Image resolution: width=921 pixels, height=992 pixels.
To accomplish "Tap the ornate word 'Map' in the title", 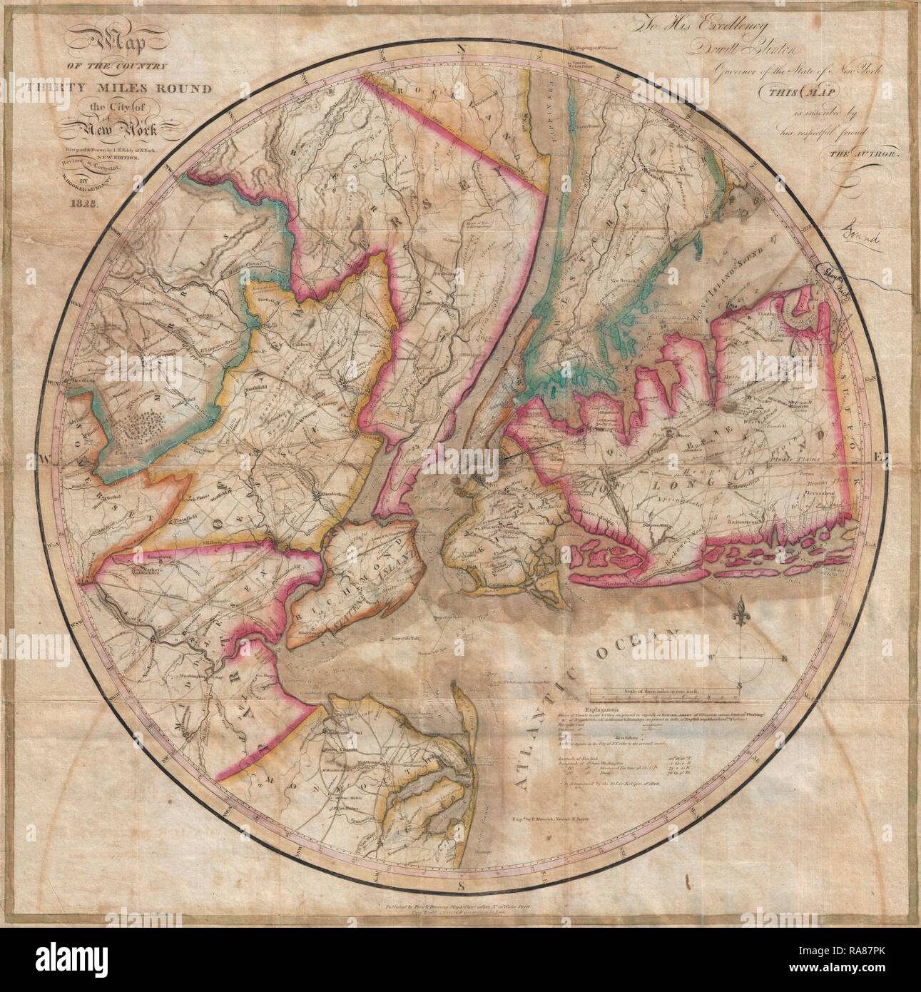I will [x=113, y=49].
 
